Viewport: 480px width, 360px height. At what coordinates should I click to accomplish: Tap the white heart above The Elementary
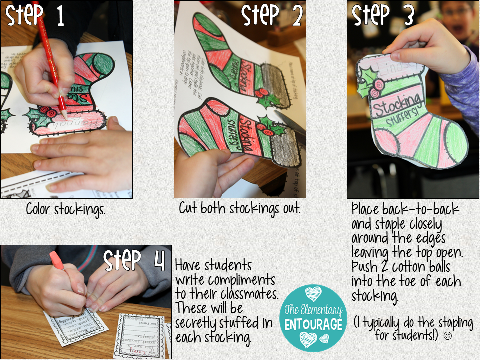(313, 293)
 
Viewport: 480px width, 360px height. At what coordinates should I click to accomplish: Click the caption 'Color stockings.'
(66, 210)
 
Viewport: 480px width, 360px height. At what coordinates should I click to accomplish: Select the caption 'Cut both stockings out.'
(240, 209)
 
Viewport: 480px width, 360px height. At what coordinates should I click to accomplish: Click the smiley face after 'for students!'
(447, 335)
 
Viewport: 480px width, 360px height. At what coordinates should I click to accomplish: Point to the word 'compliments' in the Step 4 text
(240, 280)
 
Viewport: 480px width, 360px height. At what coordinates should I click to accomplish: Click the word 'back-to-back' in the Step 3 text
(419, 209)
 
